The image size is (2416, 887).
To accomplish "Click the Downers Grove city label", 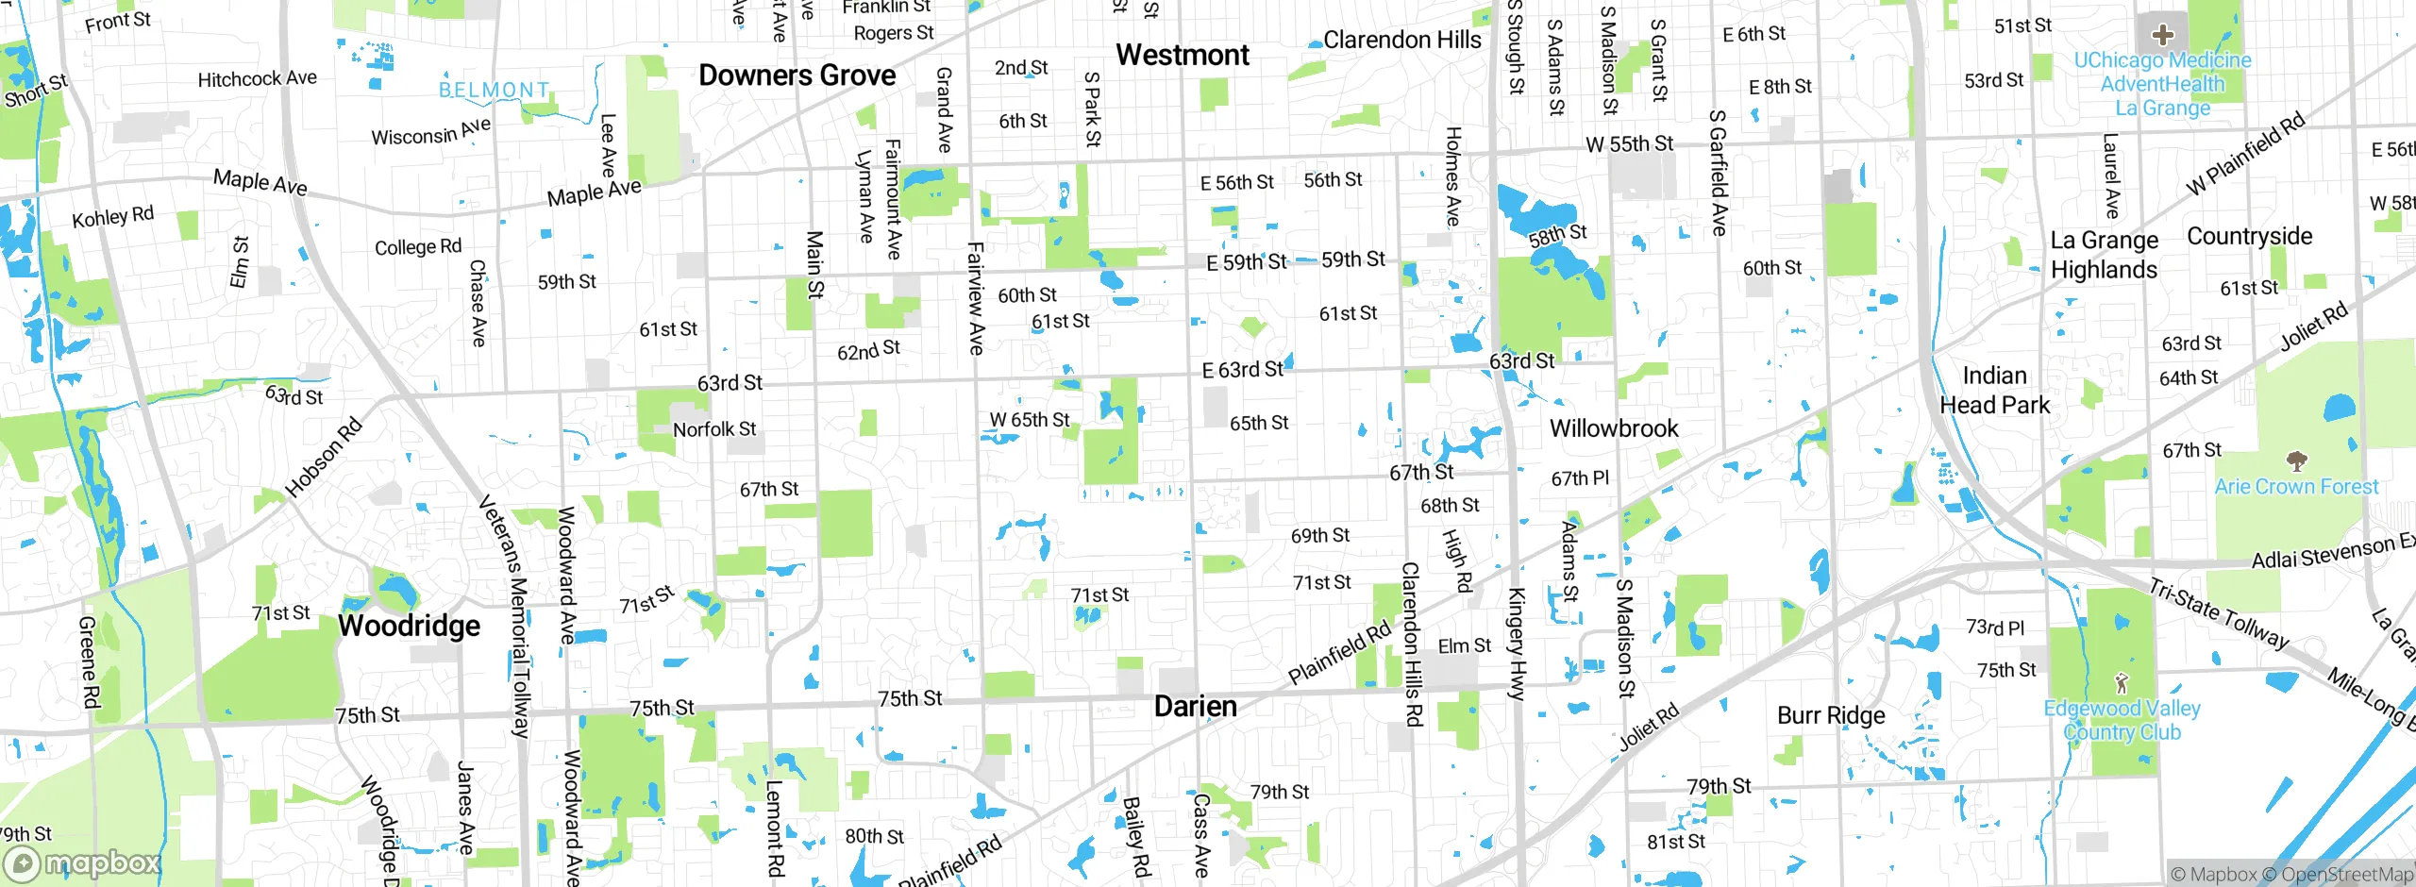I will (797, 75).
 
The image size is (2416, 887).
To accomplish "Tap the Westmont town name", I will (1182, 55).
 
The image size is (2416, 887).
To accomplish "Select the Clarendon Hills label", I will (1401, 40).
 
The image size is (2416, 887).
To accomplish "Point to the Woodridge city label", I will (409, 626).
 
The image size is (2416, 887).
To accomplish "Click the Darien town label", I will (1195, 707).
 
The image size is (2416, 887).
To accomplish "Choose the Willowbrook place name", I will (1614, 428).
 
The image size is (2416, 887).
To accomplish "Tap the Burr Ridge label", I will (1831, 715).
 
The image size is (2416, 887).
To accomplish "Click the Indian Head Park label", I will (1994, 390).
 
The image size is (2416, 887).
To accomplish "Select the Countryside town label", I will (2249, 236).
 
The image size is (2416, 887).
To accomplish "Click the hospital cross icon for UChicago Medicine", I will (2162, 36).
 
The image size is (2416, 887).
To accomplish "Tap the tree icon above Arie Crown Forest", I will (2296, 461).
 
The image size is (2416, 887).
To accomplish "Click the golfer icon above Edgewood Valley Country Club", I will (2122, 682).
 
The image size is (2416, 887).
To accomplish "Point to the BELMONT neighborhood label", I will (494, 90).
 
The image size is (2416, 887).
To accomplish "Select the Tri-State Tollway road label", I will (2219, 614).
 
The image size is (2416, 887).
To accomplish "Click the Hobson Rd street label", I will (324, 458).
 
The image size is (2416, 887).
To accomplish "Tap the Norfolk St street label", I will (714, 429).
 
